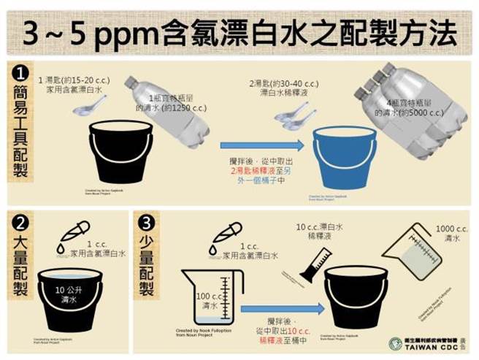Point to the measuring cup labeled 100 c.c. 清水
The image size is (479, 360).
click(211, 298)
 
